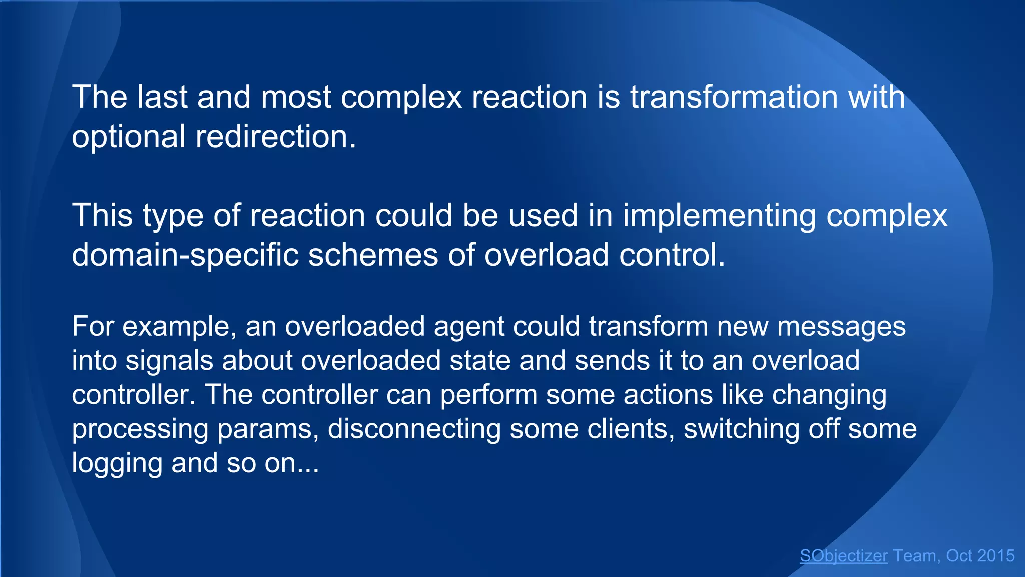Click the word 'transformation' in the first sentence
coord(734,97)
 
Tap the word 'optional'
coord(129,137)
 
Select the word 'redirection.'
coord(276,136)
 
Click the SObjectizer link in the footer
coord(844,556)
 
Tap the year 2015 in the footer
coord(995,556)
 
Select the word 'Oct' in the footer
coord(959,556)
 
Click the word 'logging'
coord(117,463)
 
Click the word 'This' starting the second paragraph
coord(102,216)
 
